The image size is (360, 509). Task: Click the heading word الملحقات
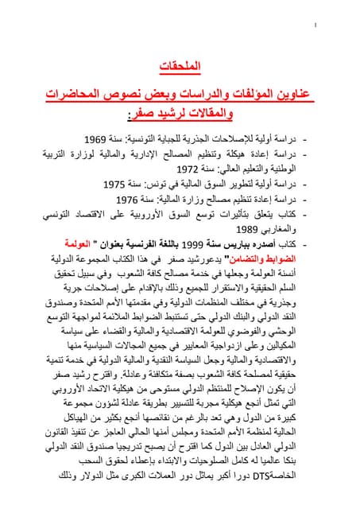click(x=207, y=64)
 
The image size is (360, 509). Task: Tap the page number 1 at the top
click(x=316, y=26)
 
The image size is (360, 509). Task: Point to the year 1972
click(x=188, y=169)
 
